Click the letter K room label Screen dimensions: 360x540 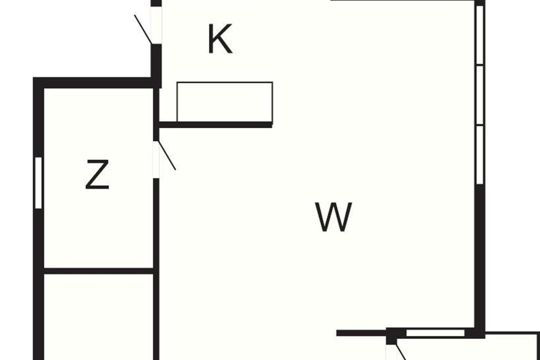pyautogui.click(x=220, y=40)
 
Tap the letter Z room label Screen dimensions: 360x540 pyautogui.click(x=97, y=175)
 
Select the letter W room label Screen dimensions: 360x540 pyautogui.click(x=333, y=217)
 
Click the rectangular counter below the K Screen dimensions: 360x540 pyautogui.click(x=225, y=102)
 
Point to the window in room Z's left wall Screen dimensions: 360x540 pyautogui.click(x=38, y=183)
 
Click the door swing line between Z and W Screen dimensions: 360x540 pyautogui.click(x=166, y=156)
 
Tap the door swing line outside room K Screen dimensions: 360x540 pyautogui.click(x=143, y=29)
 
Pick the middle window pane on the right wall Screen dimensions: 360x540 pyautogui.click(x=480, y=95)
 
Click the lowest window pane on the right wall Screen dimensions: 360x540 pyautogui.click(x=480, y=154)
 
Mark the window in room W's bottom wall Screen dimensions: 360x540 pyautogui.click(x=435, y=333)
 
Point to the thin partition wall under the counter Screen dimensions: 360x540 pyautogui.click(x=216, y=125)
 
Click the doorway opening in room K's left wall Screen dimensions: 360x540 pyautogui.click(x=156, y=25)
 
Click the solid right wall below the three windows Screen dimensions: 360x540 pyautogui.click(x=480, y=256)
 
